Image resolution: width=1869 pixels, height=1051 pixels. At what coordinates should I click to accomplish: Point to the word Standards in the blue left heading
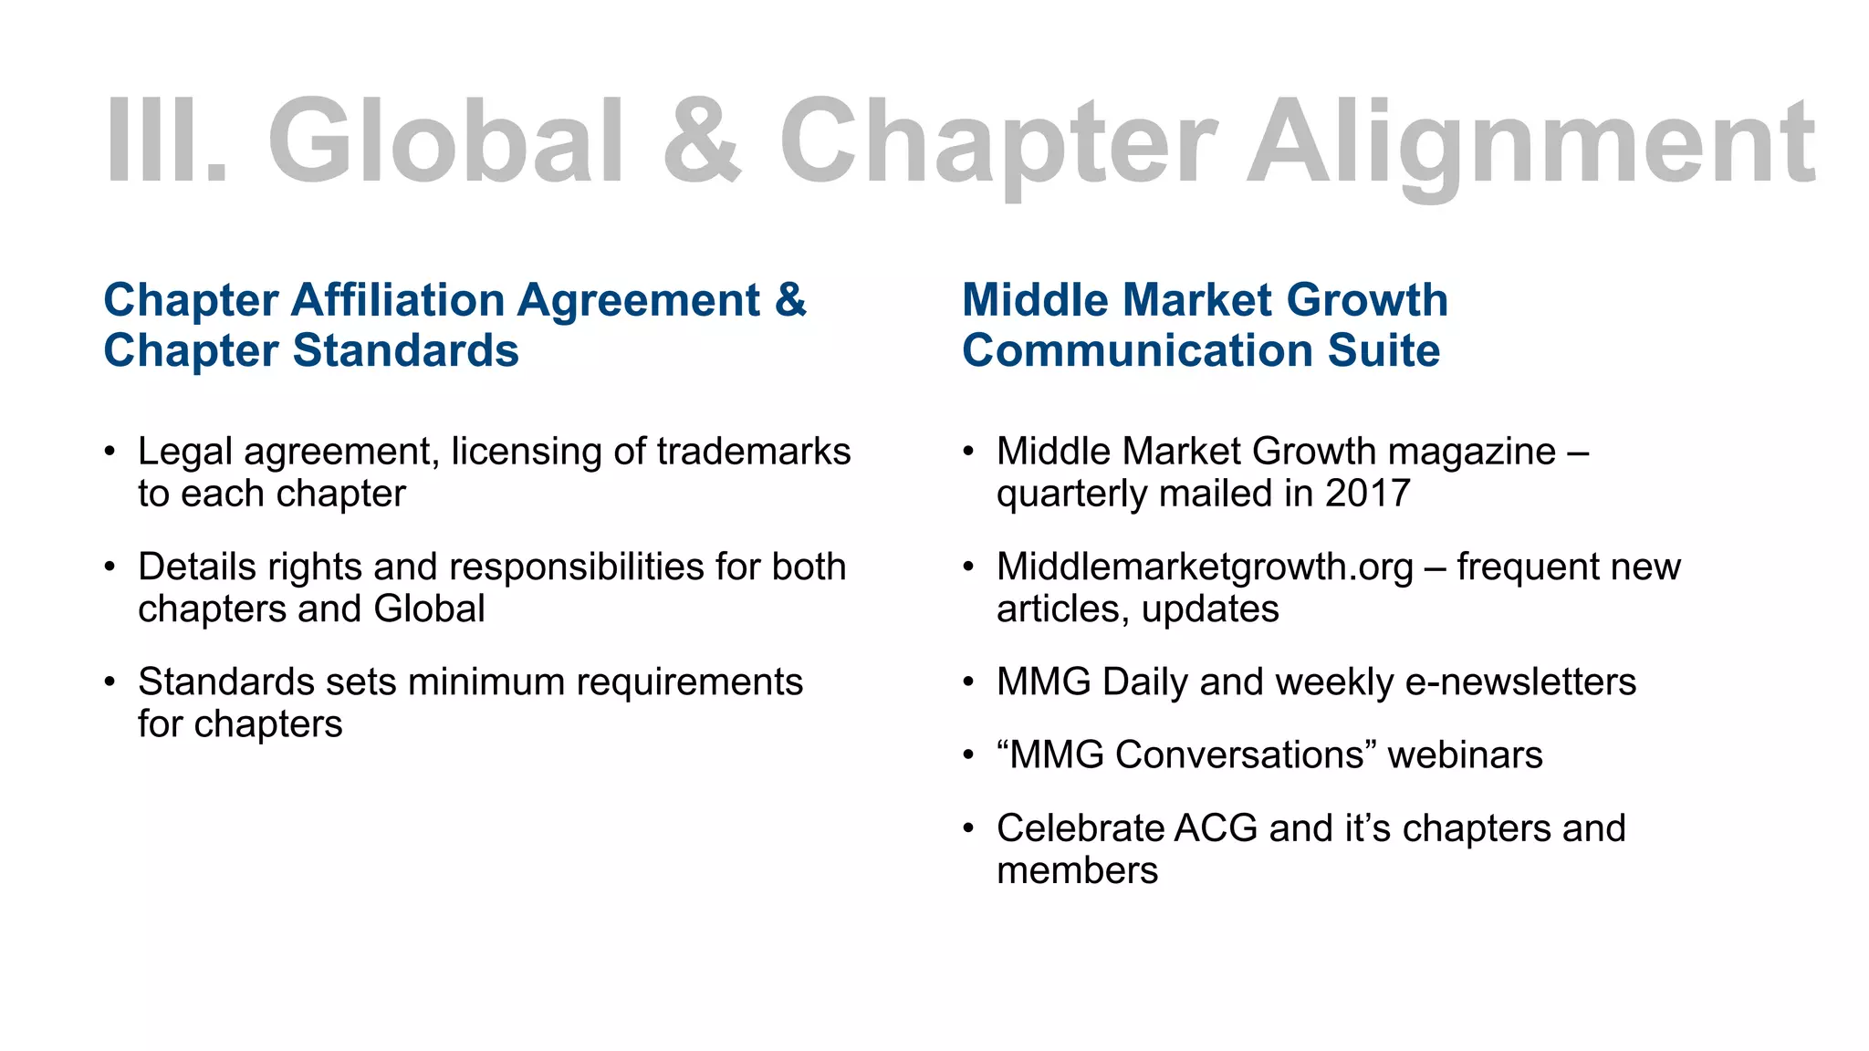pyautogui.click(x=405, y=351)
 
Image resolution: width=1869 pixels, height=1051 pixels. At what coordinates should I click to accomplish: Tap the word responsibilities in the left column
pyautogui.click(x=577, y=567)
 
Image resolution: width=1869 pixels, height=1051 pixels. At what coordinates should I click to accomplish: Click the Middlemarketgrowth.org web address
pyautogui.click(x=1205, y=567)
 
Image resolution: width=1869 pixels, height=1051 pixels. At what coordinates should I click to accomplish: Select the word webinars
pyautogui.click(x=1465, y=755)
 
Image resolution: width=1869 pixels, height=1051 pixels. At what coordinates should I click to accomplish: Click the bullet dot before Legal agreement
pyautogui.click(x=110, y=452)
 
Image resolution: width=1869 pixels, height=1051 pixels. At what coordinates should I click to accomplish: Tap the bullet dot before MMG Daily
pyautogui.click(x=969, y=682)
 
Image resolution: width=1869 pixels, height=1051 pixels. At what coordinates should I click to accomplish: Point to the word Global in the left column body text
pyautogui.click(x=429, y=609)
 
